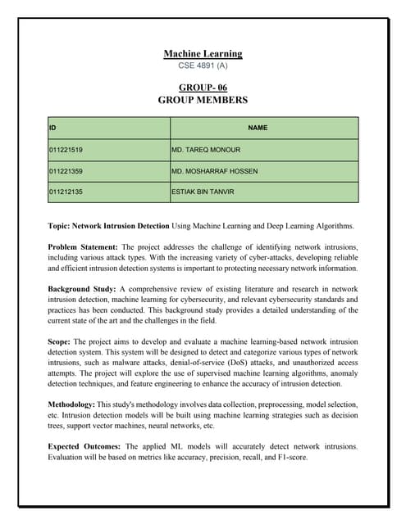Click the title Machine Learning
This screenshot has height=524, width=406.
coord(203,54)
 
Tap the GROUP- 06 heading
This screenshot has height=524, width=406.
coord(203,87)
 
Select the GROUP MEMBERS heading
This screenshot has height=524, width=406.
coord(203,100)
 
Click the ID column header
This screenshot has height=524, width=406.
coord(53,128)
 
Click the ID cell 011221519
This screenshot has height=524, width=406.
coord(66,151)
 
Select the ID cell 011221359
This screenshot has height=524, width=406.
coord(66,172)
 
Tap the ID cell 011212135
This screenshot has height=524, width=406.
coord(66,192)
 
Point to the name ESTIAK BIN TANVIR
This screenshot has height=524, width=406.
coord(203,192)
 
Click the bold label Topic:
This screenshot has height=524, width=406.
coord(60,225)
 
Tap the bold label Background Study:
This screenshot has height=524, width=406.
coord(82,289)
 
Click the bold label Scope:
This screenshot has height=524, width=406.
coord(60,341)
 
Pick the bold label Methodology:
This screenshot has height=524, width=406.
coord(71,404)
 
